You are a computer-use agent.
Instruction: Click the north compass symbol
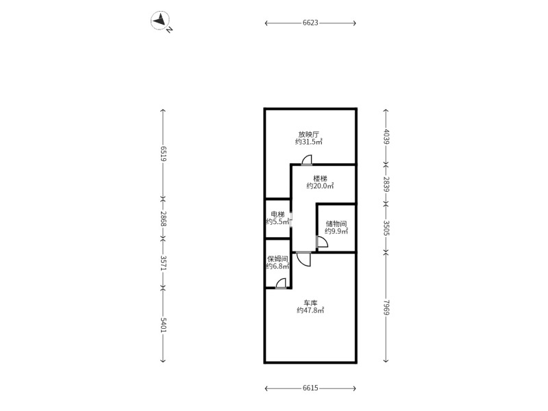[160, 21]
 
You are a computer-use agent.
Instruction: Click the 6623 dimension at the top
[310, 23]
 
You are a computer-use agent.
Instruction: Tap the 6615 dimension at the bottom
[310, 388]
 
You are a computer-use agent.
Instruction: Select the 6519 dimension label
[163, 153]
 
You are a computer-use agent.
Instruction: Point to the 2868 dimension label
[163, 219]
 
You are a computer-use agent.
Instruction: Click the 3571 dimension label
[163, 263]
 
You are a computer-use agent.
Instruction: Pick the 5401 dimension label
[163, 325]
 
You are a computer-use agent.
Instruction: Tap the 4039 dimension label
[386, 136]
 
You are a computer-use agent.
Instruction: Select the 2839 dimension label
[386, 184]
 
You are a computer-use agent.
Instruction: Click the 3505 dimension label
[386, 227]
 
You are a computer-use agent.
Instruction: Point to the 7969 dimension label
[386, 307]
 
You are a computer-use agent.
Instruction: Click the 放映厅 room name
[309, 134]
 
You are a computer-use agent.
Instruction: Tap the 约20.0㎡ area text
[320, 186]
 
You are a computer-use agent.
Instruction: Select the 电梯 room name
[278, 214]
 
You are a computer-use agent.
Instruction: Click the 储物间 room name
[336, 224]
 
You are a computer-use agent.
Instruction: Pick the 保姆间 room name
[278, 259]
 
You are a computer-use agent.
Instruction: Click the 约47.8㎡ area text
[310, 310]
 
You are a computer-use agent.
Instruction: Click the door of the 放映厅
[306, 160]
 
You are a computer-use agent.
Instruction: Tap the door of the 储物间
[322, 242]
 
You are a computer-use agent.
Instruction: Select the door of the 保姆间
[281, 284]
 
